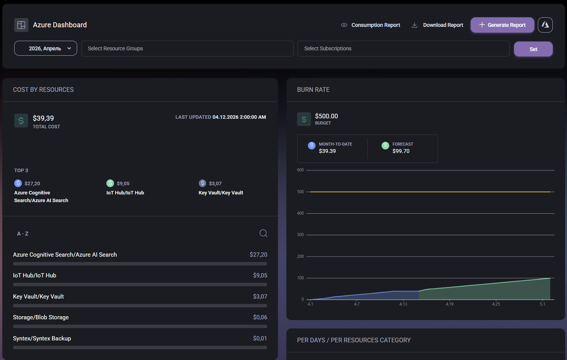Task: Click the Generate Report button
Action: (x=502, y=25)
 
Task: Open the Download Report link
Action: (x=443, y=25)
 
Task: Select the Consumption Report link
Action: (x=375, y=25)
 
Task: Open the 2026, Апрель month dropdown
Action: (x=46, y=48)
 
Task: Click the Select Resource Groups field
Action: (x=187, y=48)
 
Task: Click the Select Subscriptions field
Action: (x=403, y=48)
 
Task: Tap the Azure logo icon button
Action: (x=545, y=25)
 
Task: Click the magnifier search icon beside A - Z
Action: (x=263, y=233)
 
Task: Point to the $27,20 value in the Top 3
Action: (x=32, y=184)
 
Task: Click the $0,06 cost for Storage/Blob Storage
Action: (x=260, y=317)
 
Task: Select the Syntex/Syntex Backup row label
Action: (x=42, y=338)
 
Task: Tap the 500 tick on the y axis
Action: (x=300, y=192)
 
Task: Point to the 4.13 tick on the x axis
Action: (x=403, y=304)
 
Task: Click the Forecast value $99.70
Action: (x=401, y=151)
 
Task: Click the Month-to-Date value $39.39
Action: (x=327, y=151)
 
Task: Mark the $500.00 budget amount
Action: (x=326, y=116)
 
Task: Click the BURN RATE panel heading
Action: (x=313, y=90)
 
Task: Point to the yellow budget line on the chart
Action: (x=430, y=192)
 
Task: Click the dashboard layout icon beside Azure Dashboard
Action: (x=21, y=25)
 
